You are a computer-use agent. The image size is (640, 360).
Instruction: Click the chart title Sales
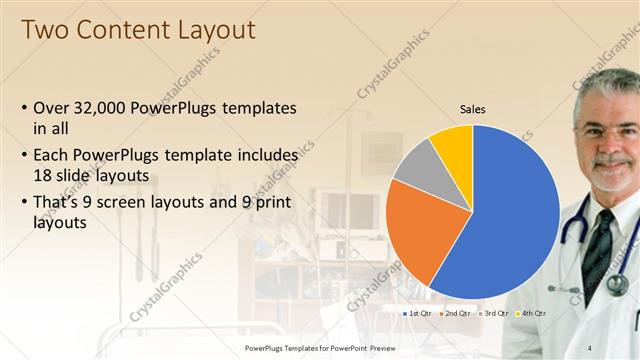473,109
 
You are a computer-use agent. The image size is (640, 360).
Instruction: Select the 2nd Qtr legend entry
456,313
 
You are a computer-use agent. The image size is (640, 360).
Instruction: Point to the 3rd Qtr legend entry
494,313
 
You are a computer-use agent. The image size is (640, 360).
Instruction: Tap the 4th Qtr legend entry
531,313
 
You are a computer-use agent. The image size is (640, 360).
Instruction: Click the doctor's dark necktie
598,245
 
